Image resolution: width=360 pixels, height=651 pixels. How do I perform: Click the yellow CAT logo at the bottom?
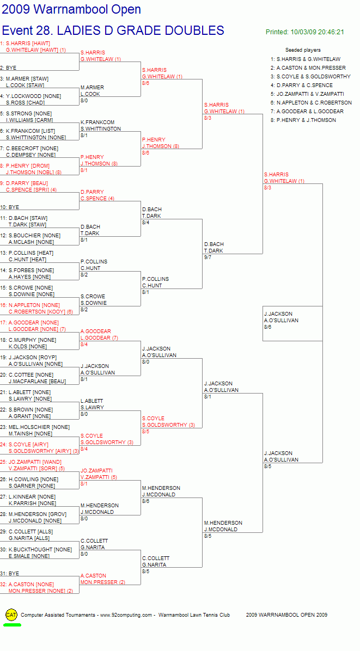pos(11,615)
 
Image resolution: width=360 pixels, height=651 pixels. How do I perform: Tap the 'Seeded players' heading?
pos(303,50)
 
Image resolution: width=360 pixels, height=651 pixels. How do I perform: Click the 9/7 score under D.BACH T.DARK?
pos(208,257)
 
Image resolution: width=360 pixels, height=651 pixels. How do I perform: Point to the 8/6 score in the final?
pos(268,327)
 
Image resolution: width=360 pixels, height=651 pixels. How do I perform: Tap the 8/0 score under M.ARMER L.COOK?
pos(84,101)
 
